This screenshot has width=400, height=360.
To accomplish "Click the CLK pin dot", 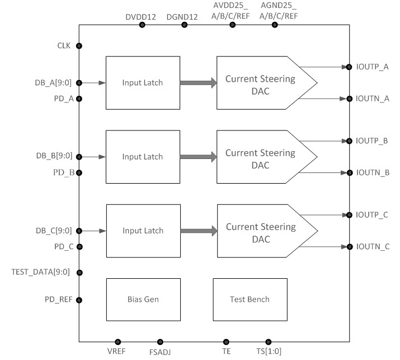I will [79, 46].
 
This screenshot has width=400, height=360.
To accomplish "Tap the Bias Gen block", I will [143, 300].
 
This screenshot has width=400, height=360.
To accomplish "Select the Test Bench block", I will [250, 300].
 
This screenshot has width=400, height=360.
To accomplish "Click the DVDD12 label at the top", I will [141, 17].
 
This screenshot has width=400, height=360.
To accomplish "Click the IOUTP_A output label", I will [373, 67].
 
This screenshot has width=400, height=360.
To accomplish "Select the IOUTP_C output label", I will [373, 214].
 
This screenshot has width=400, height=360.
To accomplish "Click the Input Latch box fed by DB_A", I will [143, 83].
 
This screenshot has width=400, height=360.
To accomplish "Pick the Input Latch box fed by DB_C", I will [143, 231].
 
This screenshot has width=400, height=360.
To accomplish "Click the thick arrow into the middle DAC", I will [198, 157].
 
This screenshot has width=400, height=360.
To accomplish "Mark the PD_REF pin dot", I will [79, 300].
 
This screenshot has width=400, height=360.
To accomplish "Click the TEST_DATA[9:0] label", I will [40, 273].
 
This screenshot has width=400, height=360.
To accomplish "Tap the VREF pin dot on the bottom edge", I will [117, 342].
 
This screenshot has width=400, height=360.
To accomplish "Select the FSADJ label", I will [160, 352].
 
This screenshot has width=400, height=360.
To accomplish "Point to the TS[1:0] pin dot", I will [268, 342].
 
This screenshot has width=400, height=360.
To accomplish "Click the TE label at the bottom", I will [226, 352].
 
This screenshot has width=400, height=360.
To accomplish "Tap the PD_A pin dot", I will [79, 99].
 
